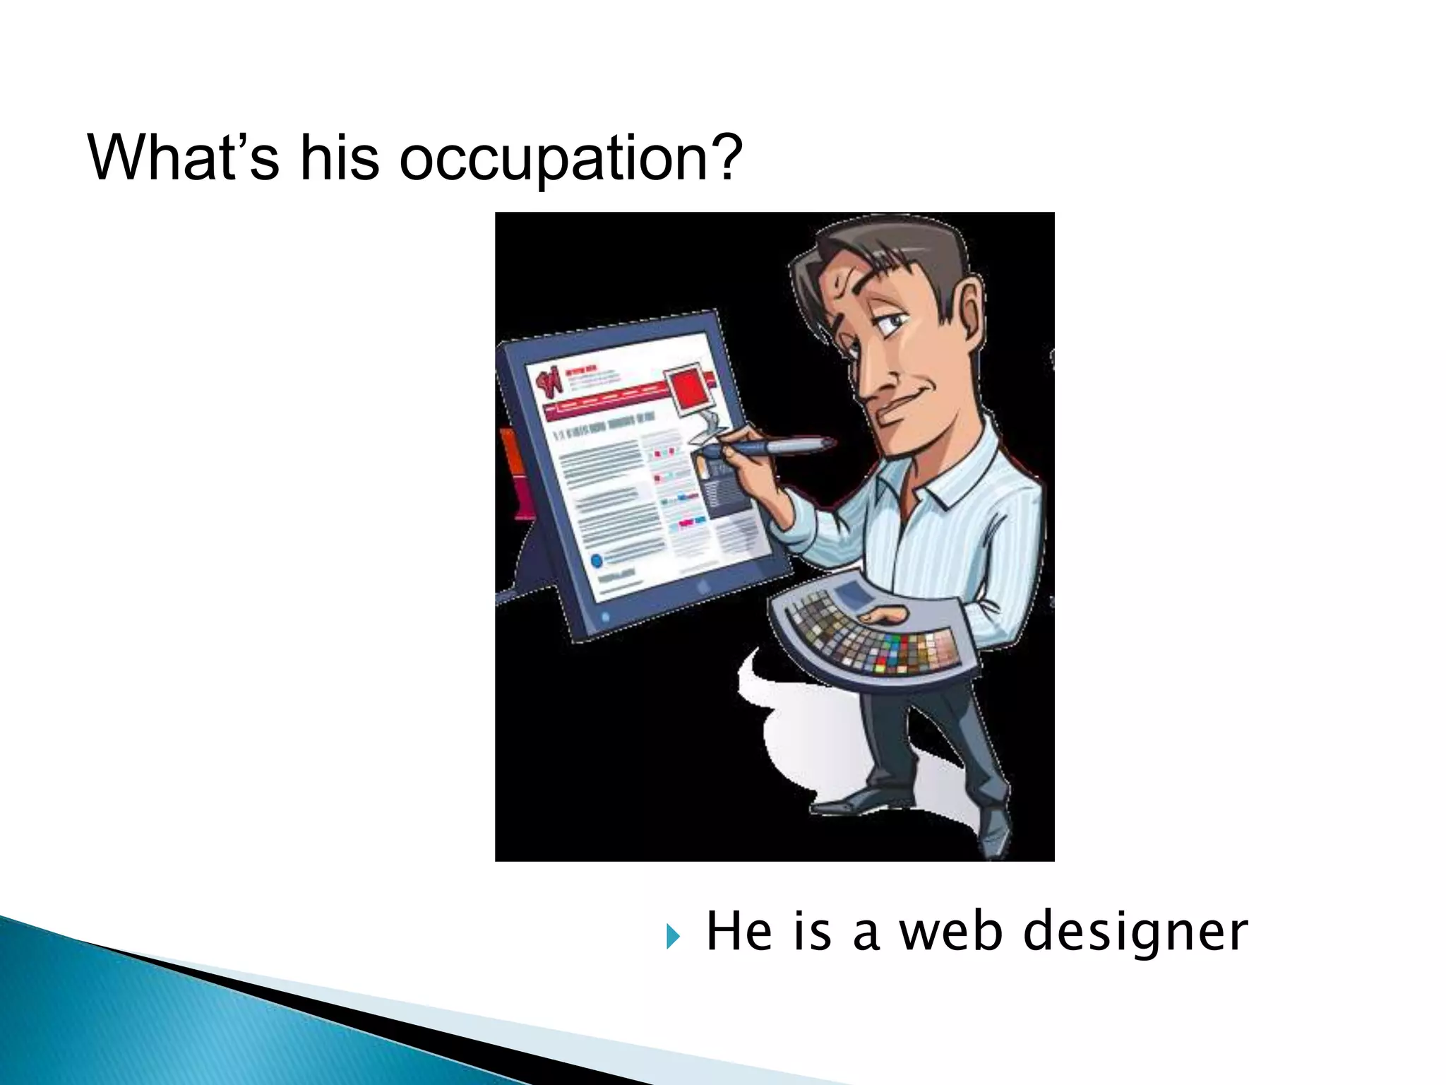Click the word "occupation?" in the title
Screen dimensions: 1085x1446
570,159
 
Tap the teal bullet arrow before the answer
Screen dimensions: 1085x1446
673,937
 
